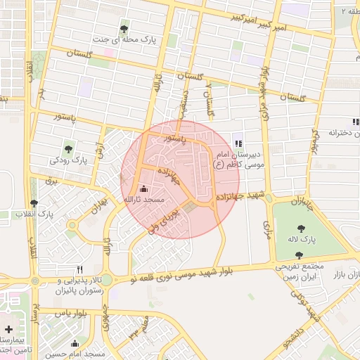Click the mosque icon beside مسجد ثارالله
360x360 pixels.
(x=144, y=188)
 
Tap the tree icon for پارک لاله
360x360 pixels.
(x=302, y=228)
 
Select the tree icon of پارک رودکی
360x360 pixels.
(x=69, y=148)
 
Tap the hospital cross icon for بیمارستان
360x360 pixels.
(x=8, y=329)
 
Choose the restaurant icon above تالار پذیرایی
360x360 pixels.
(x=79, y=269)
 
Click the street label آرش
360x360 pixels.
(x=100, y=145)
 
